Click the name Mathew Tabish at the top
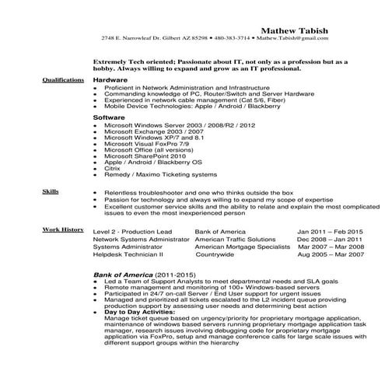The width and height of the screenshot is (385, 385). pos(299,30)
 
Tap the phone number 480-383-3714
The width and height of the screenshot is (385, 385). pos(234,37)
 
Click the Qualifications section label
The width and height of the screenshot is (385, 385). pos(63,80)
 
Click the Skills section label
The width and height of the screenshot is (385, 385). pos(51,190)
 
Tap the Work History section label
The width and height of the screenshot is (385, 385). pos(63,230)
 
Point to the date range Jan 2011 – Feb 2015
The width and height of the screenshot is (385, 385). pos(330,232)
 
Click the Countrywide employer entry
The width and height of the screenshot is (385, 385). pos(215,254)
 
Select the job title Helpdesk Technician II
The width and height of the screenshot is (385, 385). pos(128,254)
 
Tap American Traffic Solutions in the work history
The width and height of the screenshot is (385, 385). pos(235,239)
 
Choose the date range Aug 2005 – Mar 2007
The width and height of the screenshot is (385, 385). pos(331,254)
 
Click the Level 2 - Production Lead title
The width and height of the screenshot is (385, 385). pos(131,232)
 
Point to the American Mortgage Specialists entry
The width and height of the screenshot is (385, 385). pos(240,247)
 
